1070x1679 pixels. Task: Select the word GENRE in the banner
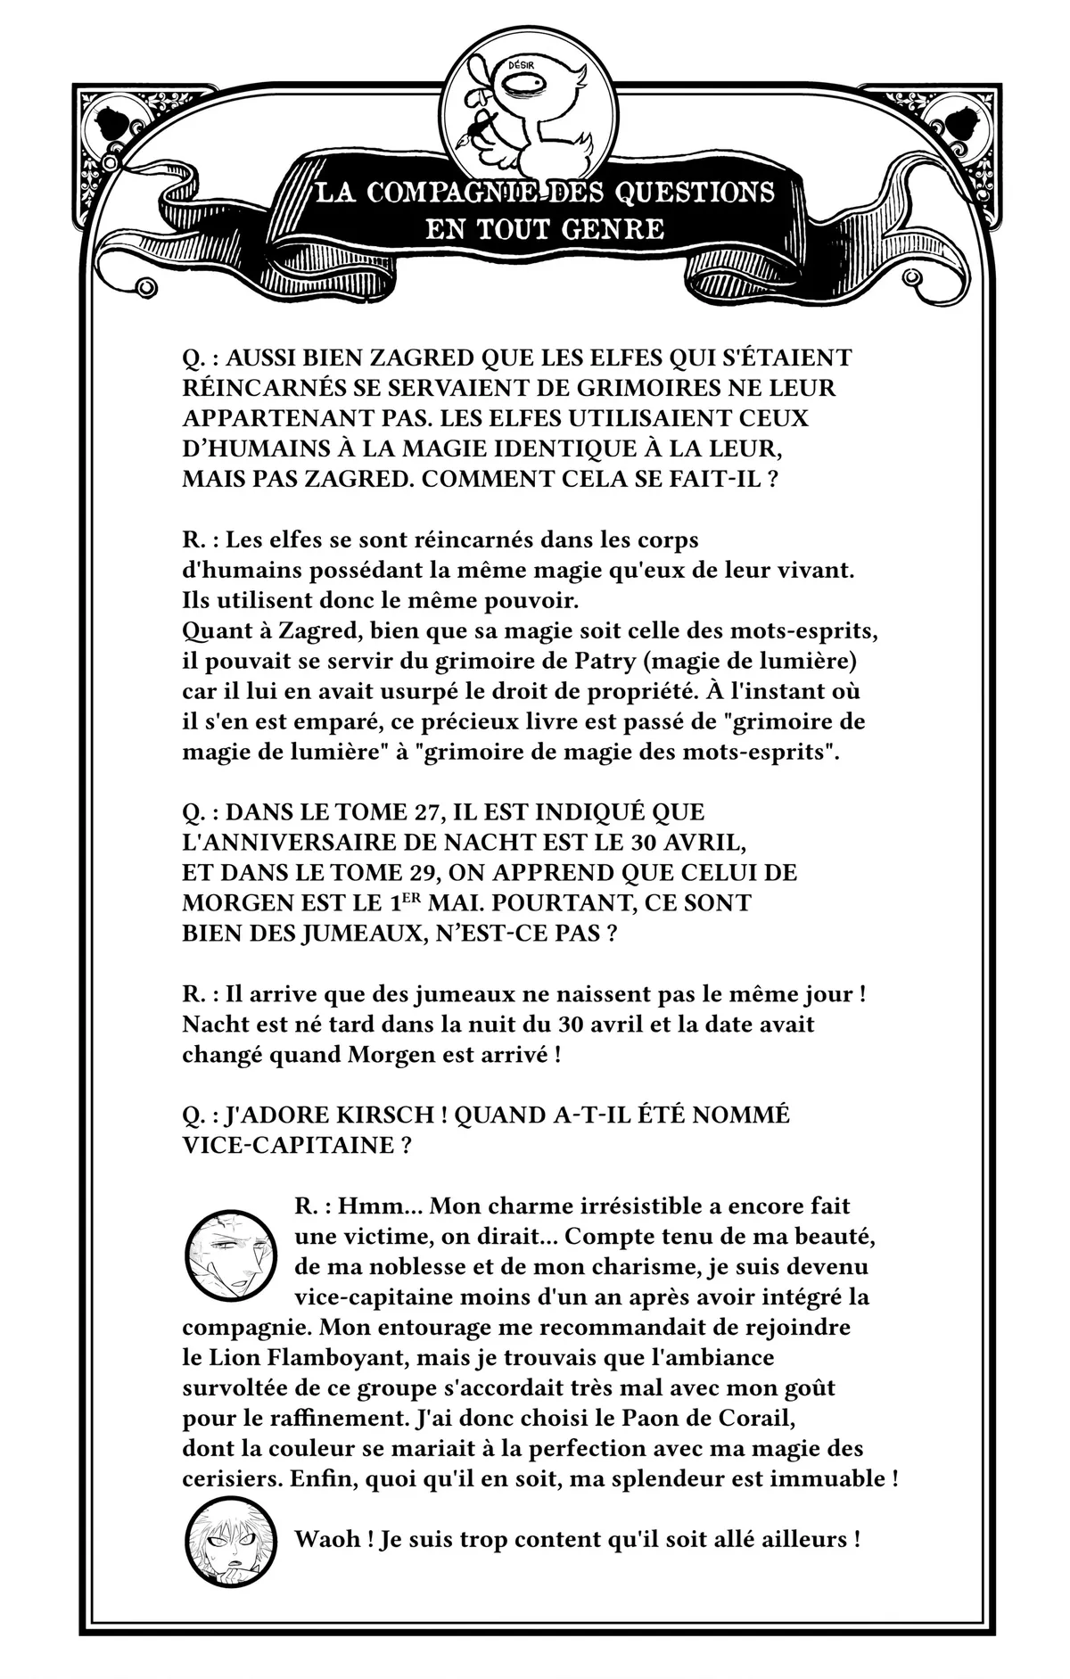pos(613,229)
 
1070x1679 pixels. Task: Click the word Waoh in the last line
pos(327,1540)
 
